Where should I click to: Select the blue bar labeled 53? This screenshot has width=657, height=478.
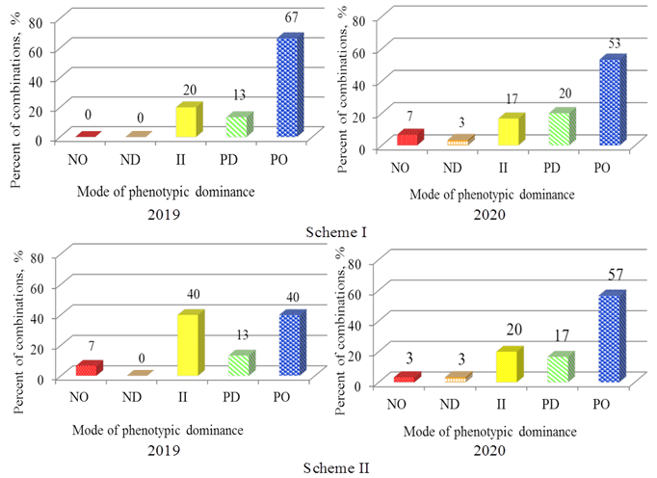tap(611, 102)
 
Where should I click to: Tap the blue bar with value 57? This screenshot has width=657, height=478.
tap(611, 338)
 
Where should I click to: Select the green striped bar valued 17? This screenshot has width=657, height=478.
tap(560, 369)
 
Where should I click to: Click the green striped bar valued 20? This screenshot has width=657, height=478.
tap(559, 128)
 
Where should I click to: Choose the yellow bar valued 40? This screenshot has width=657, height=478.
tap(189, 344)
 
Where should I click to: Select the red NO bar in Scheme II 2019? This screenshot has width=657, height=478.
tap(88, 369)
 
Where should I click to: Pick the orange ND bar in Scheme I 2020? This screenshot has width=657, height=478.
tap(457, 142)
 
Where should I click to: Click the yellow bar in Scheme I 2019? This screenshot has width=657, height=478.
tap(187, 121)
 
